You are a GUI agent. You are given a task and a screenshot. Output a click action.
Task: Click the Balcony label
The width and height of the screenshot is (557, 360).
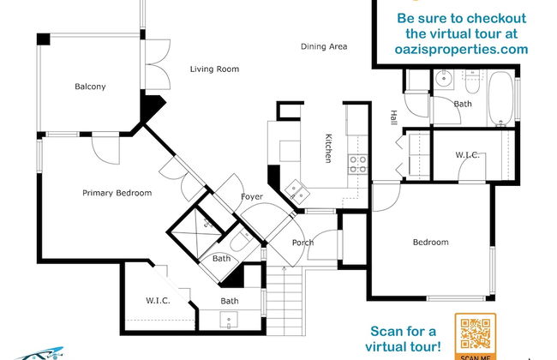(90, 87)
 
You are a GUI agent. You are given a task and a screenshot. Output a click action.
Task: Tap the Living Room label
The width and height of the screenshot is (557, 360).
(214, 69)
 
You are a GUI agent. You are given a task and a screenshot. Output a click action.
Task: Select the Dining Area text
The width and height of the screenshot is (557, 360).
(324, 46)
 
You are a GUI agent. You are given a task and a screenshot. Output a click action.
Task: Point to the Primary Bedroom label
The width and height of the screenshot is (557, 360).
(117, 193)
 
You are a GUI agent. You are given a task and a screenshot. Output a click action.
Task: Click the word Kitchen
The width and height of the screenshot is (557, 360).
(328, 148)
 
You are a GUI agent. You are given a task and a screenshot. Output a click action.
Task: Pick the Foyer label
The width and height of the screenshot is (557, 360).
(252, 197)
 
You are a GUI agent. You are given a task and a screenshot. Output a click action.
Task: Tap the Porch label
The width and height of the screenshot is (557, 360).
(303, 243)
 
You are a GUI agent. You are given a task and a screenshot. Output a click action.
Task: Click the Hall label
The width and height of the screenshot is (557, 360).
(393, 117)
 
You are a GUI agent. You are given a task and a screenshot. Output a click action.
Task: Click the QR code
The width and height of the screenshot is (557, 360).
(476, 334)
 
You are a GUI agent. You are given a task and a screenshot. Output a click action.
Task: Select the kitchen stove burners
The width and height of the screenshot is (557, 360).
(357, 165)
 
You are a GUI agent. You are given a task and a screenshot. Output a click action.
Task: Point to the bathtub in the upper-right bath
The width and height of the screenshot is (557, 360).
(501, 99)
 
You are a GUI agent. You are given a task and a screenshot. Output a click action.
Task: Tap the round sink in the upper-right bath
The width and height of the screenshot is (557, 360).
(443, 78)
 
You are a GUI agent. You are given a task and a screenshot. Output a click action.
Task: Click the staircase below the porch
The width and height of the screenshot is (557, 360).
(284, 301)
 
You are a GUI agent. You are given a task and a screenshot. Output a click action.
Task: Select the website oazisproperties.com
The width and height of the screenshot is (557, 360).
(461, 49)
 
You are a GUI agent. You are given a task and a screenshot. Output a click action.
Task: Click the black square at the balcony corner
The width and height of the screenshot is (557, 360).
(44, 39)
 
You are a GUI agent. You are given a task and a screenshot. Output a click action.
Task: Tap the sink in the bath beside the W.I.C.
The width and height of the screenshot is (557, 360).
(229, 320)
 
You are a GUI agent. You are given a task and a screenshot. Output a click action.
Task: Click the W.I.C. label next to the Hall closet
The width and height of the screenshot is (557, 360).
(468, 155)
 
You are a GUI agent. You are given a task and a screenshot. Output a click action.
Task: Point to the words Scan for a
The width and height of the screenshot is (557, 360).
(404, 331)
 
